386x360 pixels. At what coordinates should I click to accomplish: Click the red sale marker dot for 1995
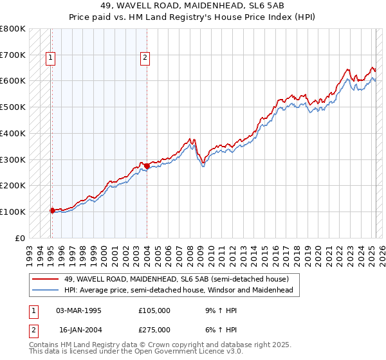[x=52, y=210]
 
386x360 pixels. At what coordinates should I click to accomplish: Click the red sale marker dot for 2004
[x=147, y=166]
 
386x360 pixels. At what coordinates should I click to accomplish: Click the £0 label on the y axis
[x=21, y=238]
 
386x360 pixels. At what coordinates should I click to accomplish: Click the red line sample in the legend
[x=46, y=278]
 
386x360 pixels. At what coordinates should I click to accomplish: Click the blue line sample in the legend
[x=46, y=290]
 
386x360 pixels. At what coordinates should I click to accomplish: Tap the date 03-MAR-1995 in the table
[x=79, y=310]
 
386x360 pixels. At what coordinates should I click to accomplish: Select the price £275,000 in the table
[x=154, y=330]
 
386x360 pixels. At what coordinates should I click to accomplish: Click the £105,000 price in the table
[x=154, y=310]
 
